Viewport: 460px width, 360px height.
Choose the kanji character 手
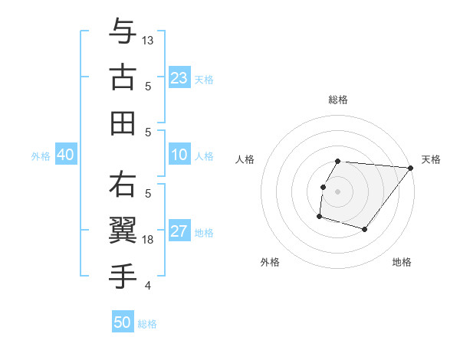pyautogui.click(x=123, y=277)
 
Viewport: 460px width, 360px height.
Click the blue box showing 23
pyautogui.click(x=179, y=77)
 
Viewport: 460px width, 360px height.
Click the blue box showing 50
pyautogui.click(x=123, y=322)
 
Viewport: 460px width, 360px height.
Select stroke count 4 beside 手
pyautogui.click(x=148, y=286)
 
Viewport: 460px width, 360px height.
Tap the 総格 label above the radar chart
pyautogui.click(x=337, y=100)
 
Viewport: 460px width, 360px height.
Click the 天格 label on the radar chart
pyautogui.click(x=431, y=159)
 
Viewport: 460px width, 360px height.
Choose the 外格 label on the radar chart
pyautogui.click(x=270, y=262)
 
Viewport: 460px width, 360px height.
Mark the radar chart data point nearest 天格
pyautogui.click(x=410, y=168)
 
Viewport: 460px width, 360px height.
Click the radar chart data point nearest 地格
pyautogui.click(x=365, y=229)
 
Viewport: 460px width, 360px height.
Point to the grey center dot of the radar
pyautogui.click(x=337, y=191)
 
